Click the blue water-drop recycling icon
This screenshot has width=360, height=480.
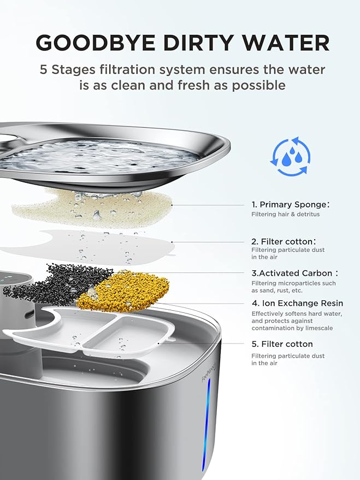point(290,157)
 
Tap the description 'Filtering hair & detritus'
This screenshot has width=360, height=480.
point(285,214)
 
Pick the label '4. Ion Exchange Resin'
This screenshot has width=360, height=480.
point(297,303)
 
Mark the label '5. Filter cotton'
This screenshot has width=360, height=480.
point(282,344)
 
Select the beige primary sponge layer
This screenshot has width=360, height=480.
point(87,208)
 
